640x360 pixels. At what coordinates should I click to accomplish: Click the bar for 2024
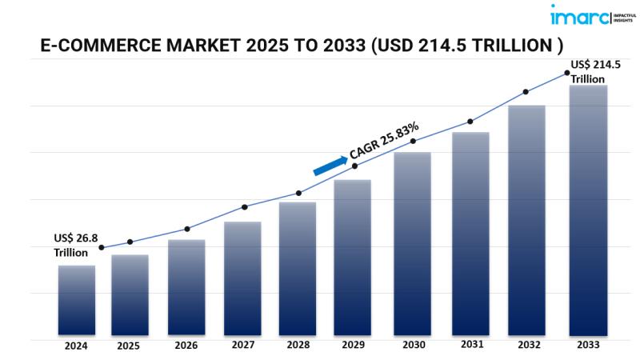(77, 300)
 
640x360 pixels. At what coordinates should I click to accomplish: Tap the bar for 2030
(412, 243)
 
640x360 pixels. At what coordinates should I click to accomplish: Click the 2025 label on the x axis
(129, 346)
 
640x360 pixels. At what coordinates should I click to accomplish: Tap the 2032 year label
(529, 346)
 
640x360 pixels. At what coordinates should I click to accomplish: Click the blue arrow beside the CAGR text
(330, 164)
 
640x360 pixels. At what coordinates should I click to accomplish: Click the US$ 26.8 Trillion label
(74, 245)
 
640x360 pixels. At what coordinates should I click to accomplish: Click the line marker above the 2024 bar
(101, 248)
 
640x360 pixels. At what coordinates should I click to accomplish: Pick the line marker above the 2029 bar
(355, 166)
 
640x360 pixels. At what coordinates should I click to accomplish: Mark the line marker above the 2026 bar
(187, 229)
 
